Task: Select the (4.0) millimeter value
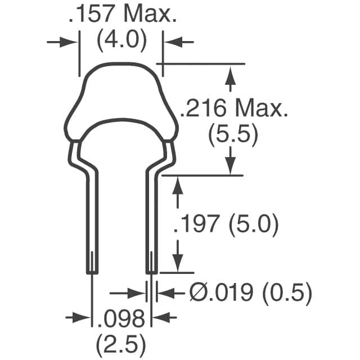tap(121, 41)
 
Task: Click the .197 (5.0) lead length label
tap(226, 225)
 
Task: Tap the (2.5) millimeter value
tap(120, 341)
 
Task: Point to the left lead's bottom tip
tap(92, 272)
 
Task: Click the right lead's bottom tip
tap(151, 272)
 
